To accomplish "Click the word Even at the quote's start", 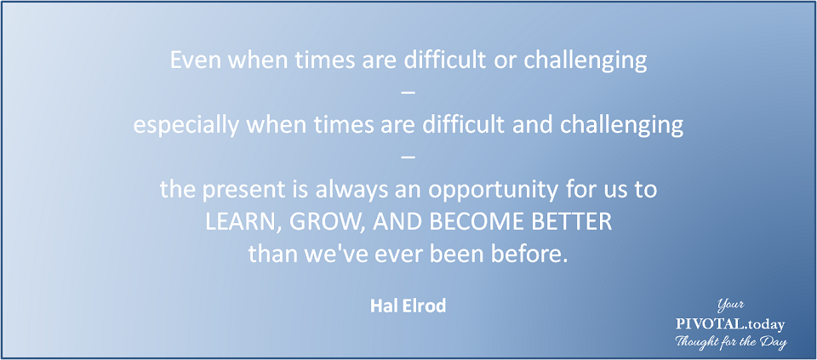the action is click(190, 60).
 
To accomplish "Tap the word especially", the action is click(178, 126).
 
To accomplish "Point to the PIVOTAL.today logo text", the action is click(729, 324).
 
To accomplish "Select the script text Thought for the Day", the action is click(731, 343).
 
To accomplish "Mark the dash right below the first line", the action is click(408, 94).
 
